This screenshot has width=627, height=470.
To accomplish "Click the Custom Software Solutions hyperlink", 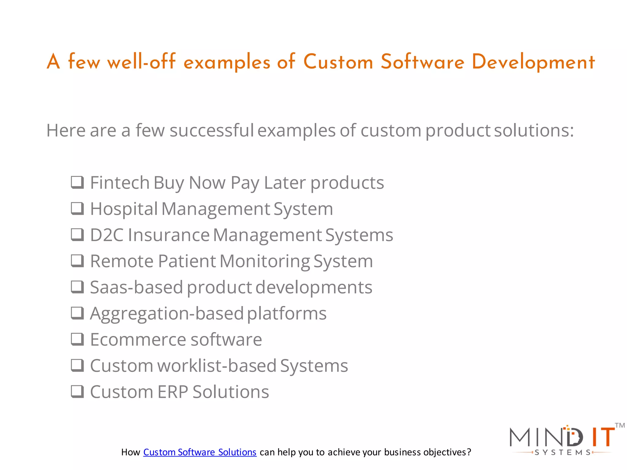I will point(200,452).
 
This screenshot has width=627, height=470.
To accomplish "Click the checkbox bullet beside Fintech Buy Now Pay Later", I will point(77,182).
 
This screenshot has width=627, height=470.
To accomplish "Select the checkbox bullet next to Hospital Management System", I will point(77,209).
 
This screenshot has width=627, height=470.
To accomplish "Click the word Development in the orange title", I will point(533,62).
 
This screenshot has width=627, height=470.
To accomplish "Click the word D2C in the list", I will point(107,235).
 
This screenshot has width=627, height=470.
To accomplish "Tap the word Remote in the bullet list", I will point(122,261).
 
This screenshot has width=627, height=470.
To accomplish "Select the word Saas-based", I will point(136,287).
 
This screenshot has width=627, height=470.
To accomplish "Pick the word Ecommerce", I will point(138,340).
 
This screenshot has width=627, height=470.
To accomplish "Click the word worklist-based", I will point(217,366).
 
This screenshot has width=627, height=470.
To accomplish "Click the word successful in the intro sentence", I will point(212,130).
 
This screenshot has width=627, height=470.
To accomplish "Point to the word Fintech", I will point(120,183).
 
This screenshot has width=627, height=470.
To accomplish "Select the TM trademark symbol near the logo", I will point(620,425).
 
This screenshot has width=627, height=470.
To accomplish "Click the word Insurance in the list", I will point(169,235).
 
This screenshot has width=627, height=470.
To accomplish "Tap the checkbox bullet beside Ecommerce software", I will point(77,339).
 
